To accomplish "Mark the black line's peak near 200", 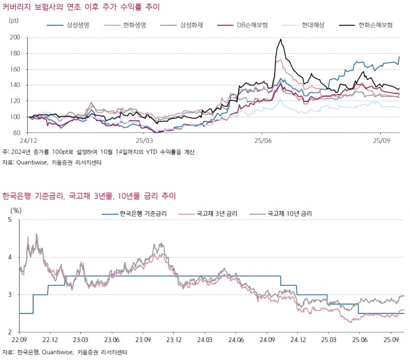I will coord(280,39).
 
